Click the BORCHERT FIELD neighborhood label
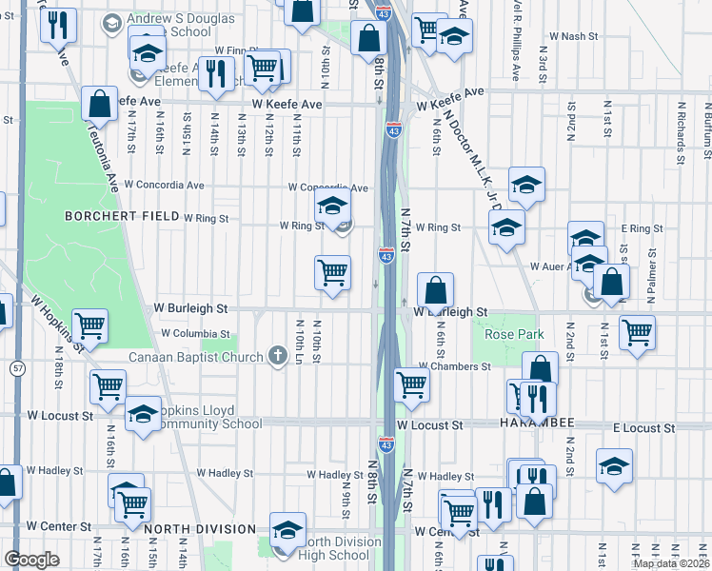click(122, 217)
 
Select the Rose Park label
click(514, 335)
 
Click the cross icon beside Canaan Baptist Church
click(278, 357)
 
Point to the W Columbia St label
click(195, 334)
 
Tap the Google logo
click(31, 560)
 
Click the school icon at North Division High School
click(287, 531)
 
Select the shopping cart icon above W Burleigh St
click(332, 273)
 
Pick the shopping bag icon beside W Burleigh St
click(435, 290)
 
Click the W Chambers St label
click(455, 367)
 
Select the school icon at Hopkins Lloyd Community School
click(144, 415)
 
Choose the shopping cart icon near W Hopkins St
click(90, 326)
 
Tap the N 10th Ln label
click(300, 341)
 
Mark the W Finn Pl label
click(237, 49)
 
